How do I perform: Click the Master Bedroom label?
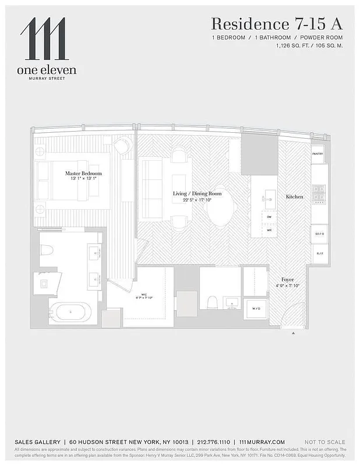click(83, 174)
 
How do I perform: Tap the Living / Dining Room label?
click(197, 193)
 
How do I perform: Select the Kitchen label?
click(294, 197)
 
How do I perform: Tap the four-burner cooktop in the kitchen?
click(319, 193)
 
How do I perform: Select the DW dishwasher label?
click(269, 217)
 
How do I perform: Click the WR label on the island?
click(269, 230)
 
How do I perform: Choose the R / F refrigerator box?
click(319, 253)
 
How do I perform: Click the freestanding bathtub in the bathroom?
click(70, 312)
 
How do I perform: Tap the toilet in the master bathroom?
click(47, 250)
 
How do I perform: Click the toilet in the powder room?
click(213, 302)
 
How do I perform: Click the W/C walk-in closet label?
click(140, 295)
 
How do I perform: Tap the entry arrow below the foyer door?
click(293, 333)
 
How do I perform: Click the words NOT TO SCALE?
click(324, 442)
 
